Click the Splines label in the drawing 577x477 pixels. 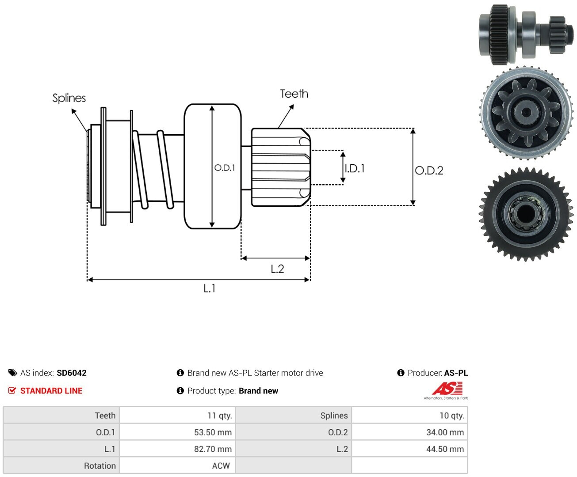pos(69,98)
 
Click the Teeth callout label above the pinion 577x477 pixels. pos(294,94)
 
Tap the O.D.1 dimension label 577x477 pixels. pos(225,168)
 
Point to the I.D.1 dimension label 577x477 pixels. pos(355,168)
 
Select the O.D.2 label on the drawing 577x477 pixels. pos(429,170)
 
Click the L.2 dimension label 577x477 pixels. pos(277,269)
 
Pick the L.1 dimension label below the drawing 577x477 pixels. pos(209,288)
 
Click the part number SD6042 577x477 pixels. pos(72,373)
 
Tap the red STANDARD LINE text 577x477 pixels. pos(51,390)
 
